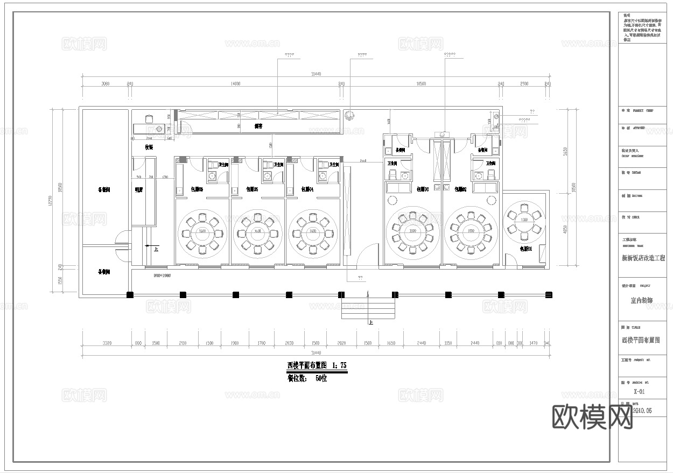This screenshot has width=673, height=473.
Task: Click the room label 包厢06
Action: [197, 189]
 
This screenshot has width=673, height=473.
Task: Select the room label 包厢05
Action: [252, 189]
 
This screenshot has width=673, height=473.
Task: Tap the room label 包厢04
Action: [307, 189]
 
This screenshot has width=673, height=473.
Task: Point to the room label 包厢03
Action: [423, 189]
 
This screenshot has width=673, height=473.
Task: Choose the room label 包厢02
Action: [460, 189]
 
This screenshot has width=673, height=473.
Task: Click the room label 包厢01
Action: [525, 249]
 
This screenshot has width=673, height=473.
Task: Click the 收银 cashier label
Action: [149, 147]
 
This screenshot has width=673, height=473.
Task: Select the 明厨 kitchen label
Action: [139, 189]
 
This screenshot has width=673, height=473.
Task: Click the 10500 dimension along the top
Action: [421, 84]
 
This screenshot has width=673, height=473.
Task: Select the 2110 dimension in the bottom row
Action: [183, 343]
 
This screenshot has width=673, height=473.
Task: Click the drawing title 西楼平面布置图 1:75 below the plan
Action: [317, 365]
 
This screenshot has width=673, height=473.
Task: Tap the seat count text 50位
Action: [321, 378]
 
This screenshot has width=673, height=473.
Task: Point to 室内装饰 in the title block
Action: [641, 300]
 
